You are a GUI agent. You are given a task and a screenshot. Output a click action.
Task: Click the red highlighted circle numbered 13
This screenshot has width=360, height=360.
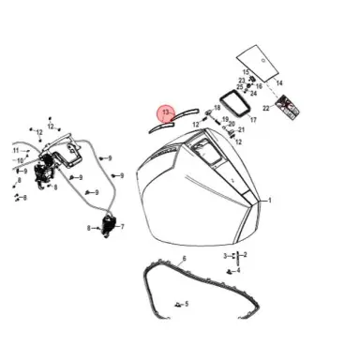pyautogui.click(x=166, y=114)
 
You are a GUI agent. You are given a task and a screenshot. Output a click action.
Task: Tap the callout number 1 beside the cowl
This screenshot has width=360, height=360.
pyautogui.click(x=270, y=200)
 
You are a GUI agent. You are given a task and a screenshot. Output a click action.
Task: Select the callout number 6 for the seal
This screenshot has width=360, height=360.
pyautogui.click(x=184, y=258)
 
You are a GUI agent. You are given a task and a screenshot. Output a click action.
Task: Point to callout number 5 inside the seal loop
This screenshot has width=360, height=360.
pyautogui.click(x=187, y=304)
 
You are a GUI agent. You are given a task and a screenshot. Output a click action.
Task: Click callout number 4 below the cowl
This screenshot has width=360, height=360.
pyautogui.click(x=238, y=270)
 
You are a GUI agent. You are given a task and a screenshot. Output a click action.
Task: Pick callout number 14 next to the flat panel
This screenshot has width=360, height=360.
pyautogui.click(x=278, y=83)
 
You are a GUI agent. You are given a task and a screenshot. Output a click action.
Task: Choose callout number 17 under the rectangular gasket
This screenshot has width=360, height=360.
pyautogui.click(x=252, y=120)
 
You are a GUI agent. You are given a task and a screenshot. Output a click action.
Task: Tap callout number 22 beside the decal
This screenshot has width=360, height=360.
pyautogui.click(x=266, y=109)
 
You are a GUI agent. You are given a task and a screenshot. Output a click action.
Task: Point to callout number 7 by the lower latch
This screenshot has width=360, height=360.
pyautogui.click(x=123, y=226)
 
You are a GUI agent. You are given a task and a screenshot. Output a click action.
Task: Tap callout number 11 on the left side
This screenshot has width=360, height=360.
pyautogui.click(x=16, y=150)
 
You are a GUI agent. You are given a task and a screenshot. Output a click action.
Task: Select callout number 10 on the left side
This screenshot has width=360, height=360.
pyautogui.click(x=20, y=160)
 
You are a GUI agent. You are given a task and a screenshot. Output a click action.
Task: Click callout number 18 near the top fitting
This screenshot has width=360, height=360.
pyautogui.click(x=217, y=109)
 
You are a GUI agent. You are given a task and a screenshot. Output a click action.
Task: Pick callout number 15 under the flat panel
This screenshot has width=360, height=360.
pyautogui.click(x=247, y=72)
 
